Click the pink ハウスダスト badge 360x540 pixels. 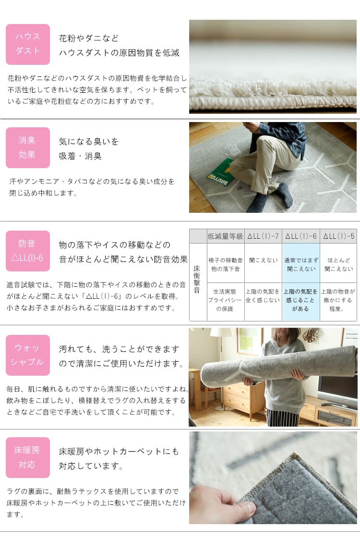click(x=28, y=44)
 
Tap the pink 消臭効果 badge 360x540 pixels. click(x=28, y=147)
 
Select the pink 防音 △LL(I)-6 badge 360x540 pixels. click(x=28, y=251)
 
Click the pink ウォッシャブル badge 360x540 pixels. click(x=28, y=355)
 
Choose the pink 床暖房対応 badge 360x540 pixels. click(x=28, y=457)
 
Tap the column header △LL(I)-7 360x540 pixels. click(x=263, y=236)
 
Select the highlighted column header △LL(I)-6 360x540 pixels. click(x=300, y=236)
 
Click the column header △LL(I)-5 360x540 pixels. click(x=338, y=236)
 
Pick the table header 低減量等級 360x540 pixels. click(x=226, y=236)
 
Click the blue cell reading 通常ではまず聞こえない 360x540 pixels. click(x=300, y=264)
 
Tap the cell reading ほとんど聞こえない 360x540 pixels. click(x=338, y=264)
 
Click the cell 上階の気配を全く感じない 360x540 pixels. click(x=263, y=295)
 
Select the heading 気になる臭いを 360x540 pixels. click(x=89, y=142)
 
